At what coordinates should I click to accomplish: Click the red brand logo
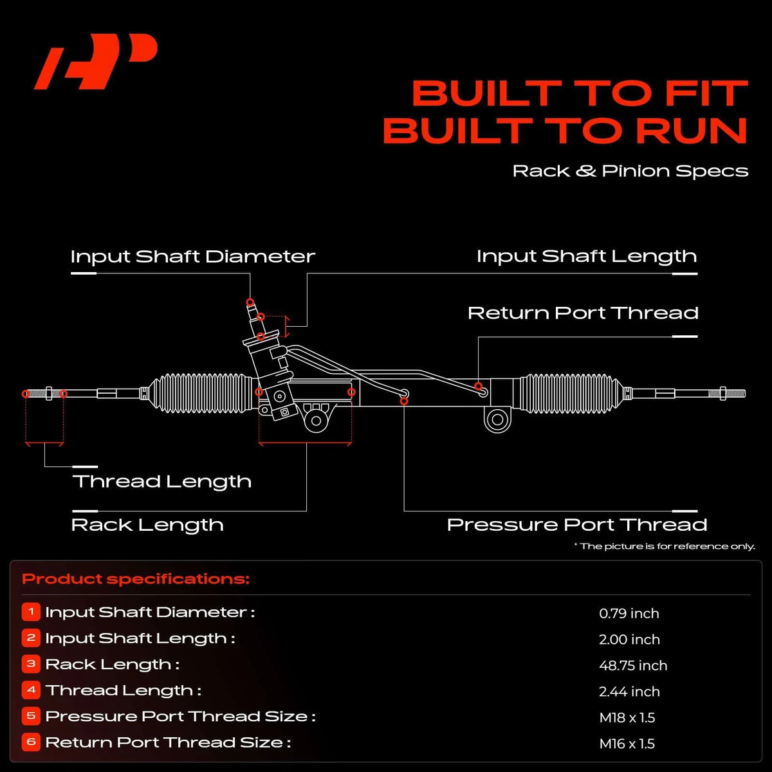click(x=96, y=61)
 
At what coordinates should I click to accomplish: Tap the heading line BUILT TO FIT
click(x=580, y=93)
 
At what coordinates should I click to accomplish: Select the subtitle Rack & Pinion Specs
click(x=630, y=171)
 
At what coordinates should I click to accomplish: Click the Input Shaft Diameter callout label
click(x=193, y=257)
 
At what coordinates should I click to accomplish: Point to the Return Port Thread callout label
click(x=583, y=313)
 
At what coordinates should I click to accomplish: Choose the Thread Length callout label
click(x=162, y=482)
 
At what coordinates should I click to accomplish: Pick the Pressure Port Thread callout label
click(x=577, y=525)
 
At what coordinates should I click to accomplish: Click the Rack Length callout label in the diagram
click(x=147, y=525)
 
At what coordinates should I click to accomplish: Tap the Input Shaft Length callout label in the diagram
click(x=587, y=257)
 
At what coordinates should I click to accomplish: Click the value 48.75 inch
click(x=633, y=665)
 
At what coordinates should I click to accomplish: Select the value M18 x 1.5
click(x=627, y=717)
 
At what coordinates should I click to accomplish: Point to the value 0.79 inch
click(x=629, y=613)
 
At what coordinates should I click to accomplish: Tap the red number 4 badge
click(x=32, y=690)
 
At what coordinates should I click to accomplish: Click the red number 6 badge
click(x=32, y=742)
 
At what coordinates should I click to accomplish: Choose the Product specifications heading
click(x=136, y=579)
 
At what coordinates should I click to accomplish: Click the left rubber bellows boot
click(x=200, y=393)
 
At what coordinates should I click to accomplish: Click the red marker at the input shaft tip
click(x=250, y=302)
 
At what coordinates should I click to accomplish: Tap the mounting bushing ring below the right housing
click(x=497, y=419)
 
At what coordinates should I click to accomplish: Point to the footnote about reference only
click(x=665, y=546)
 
